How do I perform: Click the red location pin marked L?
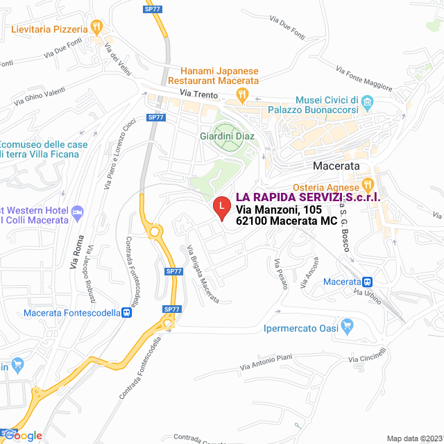click(x=221, y=207)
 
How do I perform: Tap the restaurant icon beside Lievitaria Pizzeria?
click(x=96, y=28)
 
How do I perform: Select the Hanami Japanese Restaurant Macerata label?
click(x=219, y=76)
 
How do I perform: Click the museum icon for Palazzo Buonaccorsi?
click(x=368, y=104)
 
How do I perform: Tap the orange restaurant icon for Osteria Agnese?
click(x=368, y=187)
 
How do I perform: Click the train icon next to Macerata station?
click(x=368, y=282)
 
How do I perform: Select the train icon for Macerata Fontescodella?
click(x=126, y=313)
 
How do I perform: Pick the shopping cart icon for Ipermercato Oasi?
click(x=348, y=325)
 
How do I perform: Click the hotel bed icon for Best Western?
click(x=77, y=210)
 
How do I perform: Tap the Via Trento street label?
click(x=198, y=94)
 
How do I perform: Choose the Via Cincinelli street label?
click(x=366, y=357)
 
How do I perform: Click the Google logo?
click(x=26, y=436)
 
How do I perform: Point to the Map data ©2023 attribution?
click(x=413, y=438)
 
